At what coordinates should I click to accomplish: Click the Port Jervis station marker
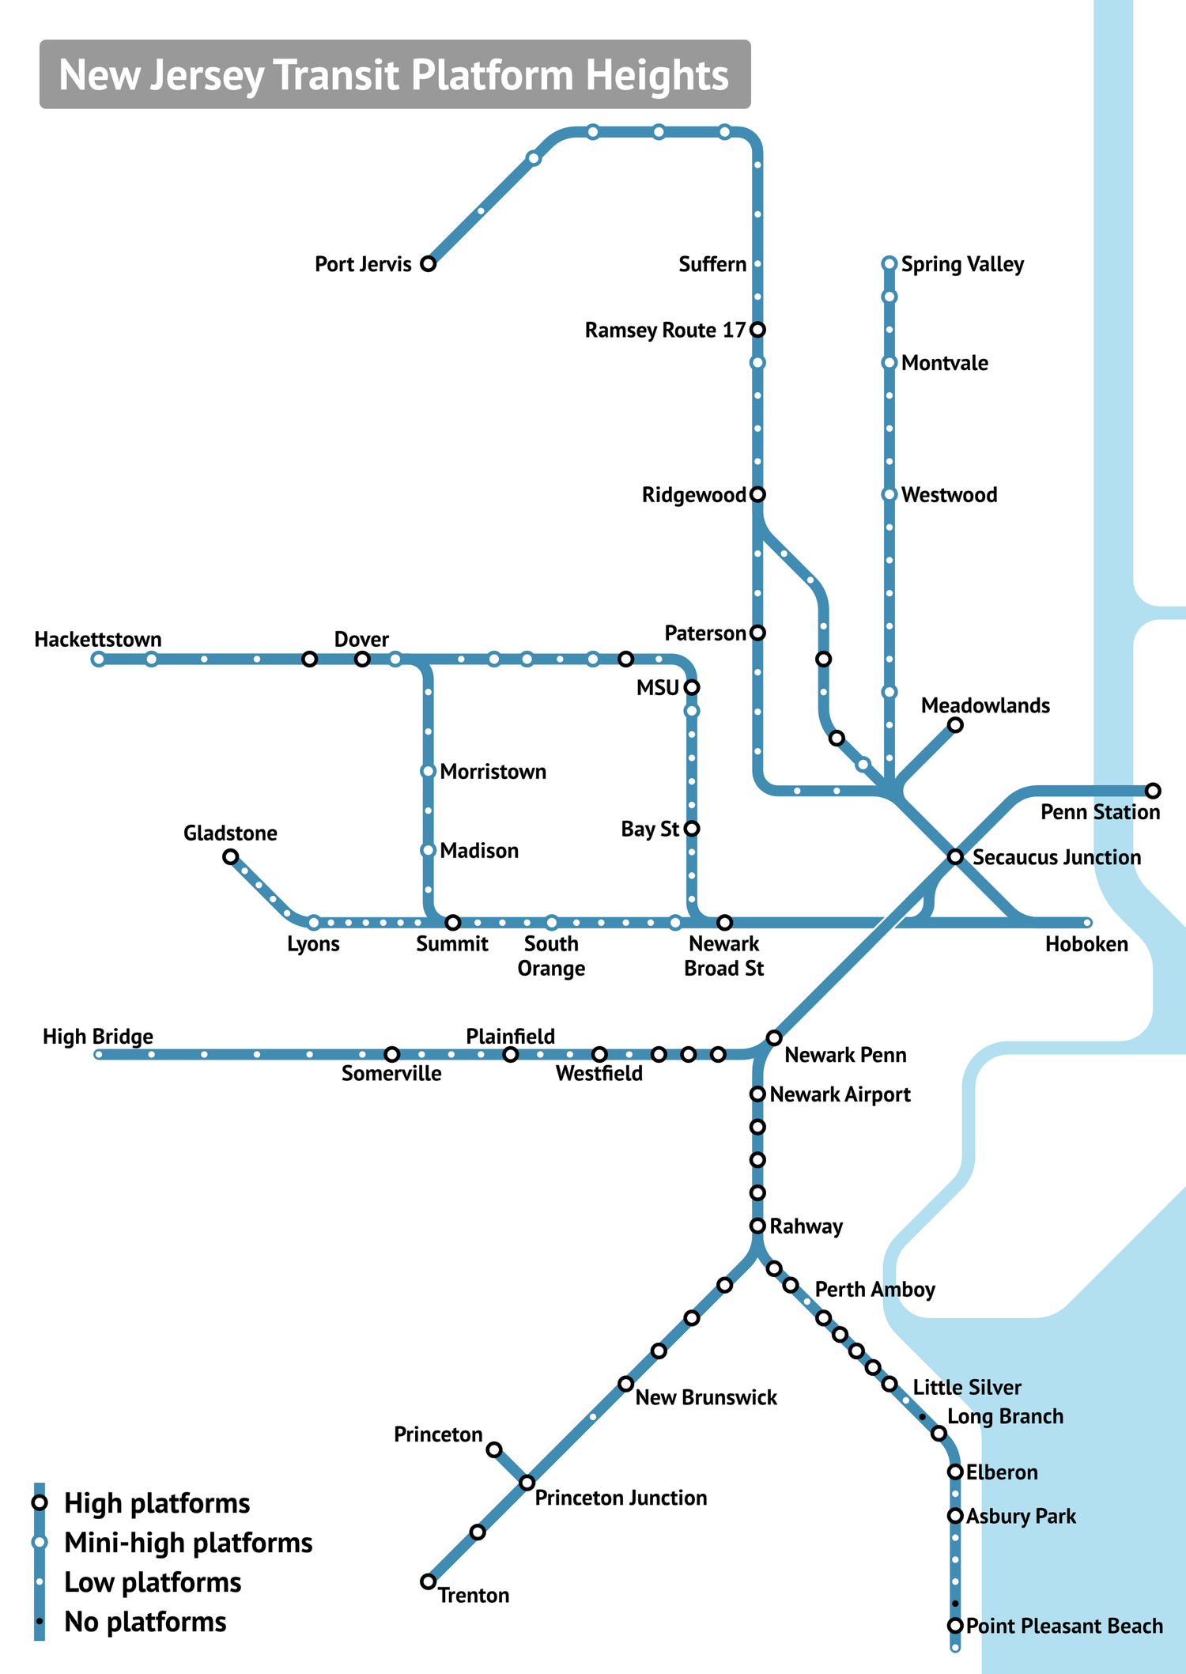click(x=428, y=263)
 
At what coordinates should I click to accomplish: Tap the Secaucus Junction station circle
click(x=955, y=856)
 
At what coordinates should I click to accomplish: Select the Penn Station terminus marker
click(x=1153, y=791)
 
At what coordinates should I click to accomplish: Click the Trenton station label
click(x=474, y=1595)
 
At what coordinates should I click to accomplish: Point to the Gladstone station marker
click(x=230, y=856)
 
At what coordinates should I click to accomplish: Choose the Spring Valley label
click(x=962, y=264)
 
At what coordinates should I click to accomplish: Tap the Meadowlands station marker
click(x=955, y=725)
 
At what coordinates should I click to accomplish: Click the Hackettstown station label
click(x=98, y=640)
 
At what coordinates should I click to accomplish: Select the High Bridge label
click(x=98, y=1037)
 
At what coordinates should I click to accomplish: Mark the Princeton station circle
click(x=494, y=1449)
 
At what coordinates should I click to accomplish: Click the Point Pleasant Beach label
click(x=1064, y=1626)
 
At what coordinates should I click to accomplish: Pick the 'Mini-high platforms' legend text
click(x=188, y=1543)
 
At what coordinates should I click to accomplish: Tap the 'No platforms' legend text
click(x=145, y=1622)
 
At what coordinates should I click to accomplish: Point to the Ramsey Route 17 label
click(x=665, y=330)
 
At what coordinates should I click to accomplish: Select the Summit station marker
click(x=453, y=923)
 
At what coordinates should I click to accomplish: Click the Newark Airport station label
click(x=840, y=1094)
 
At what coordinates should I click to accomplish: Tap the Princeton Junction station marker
click(x=527, y=1483)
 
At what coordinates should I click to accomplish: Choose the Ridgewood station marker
click(x=757, y=494)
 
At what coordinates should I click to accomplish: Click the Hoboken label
click(x=1086, y=944)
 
